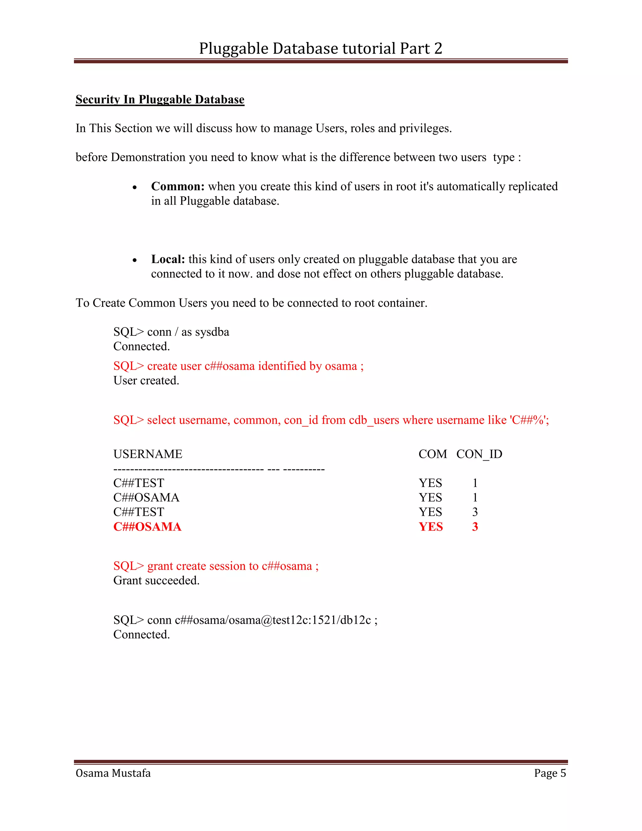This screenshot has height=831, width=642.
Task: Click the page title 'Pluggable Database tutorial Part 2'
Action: point(320,49)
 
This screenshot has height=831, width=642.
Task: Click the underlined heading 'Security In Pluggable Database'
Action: point(160,99)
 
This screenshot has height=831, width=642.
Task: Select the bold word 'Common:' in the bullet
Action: point(178,187)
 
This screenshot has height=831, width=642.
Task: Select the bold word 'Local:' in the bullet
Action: point(168,259)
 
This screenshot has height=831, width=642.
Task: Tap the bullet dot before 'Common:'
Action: point(134,187)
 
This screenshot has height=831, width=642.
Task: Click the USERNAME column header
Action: point(148,454)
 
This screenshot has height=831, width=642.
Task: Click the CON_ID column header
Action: point(479,454)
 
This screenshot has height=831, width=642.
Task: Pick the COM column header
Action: point(432,454)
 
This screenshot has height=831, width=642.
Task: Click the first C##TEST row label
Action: point(139,483)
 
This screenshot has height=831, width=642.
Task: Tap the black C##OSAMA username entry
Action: point(146,498)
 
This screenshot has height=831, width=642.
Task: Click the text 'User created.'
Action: point(146,380)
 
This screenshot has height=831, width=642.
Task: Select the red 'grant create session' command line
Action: point(216,566)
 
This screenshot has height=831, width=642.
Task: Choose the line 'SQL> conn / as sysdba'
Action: point(171,332)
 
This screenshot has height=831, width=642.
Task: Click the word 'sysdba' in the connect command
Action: point(212,332)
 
